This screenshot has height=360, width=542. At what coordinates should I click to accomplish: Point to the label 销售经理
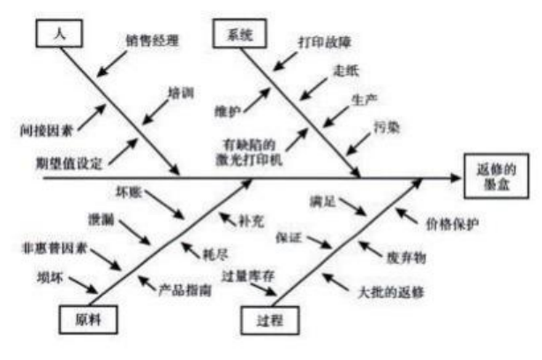[x=151, y=41]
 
